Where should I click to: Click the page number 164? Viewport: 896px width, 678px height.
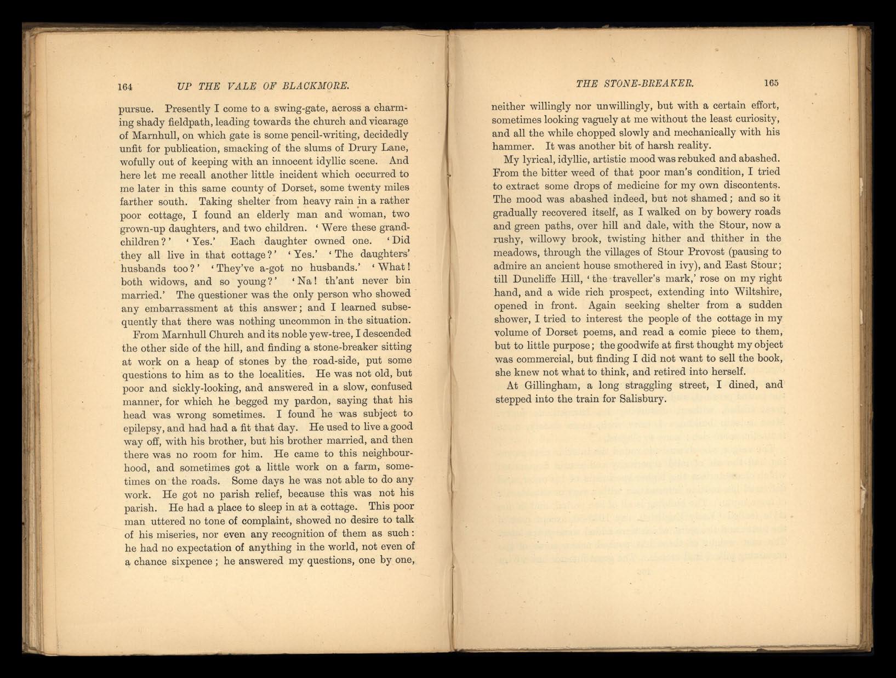[126, 86]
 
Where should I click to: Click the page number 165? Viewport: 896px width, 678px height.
[771, 83]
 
